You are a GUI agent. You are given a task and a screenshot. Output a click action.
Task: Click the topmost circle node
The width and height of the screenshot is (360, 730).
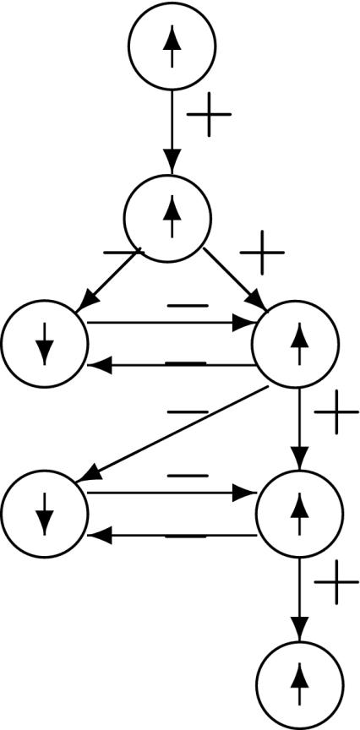coord(172,44)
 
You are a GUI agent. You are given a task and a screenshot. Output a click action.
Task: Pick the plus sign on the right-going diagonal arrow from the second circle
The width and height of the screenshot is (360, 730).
coord(263,251)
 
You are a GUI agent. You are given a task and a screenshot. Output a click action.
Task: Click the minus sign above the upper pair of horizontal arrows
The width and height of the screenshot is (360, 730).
coord(188,305)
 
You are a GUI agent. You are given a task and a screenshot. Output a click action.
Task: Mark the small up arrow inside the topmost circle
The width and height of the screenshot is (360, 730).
coord(172,46)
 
